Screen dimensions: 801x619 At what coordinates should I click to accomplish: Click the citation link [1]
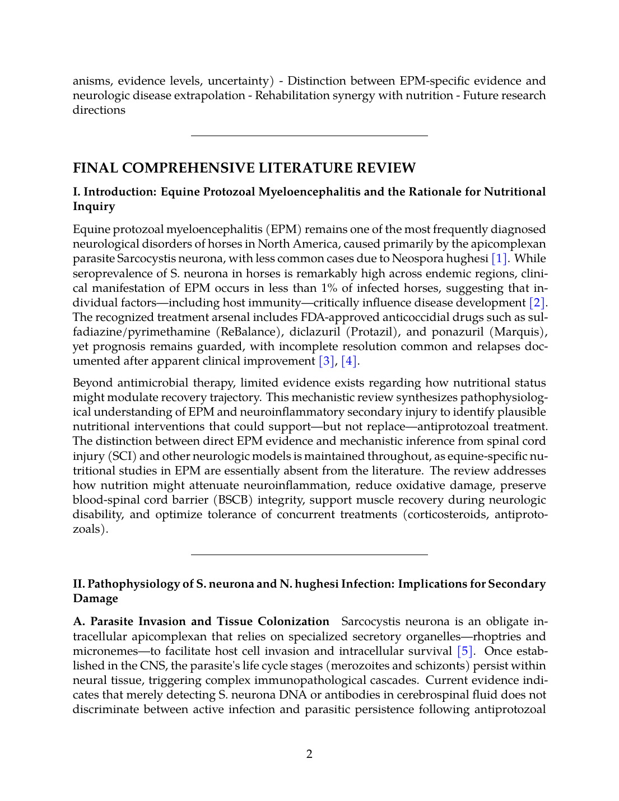(500, 259)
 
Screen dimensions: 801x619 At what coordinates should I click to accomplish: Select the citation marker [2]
(537, 303)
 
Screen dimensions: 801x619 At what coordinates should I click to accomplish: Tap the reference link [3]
(327, 361)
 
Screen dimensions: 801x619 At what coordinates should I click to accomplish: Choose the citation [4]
(349, 361)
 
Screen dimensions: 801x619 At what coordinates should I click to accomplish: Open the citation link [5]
(465, 651)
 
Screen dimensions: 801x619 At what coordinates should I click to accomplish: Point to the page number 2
(309, 754)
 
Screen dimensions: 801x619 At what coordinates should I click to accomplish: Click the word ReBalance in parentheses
(249, 332)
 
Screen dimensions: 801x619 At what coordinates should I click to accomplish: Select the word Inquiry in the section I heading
(94, 207)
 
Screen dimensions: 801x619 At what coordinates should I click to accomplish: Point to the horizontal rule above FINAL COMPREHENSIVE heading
(309, 136)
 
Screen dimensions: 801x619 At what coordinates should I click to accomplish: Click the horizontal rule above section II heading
(309, 555)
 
